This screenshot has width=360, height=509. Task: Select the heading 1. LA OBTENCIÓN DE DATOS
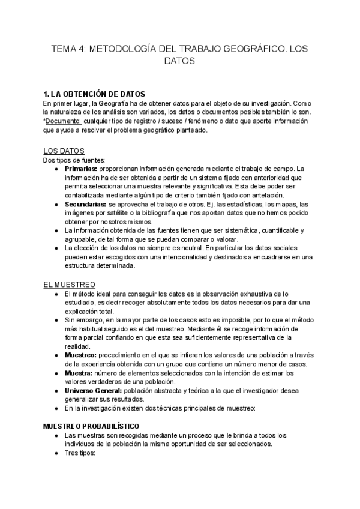tap(94, 94)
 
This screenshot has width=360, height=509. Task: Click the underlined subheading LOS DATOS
tap(64, 151)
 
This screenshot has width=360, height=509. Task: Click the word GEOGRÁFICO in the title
tap(248, 50)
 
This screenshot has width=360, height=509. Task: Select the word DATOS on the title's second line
tap(179, 61)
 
